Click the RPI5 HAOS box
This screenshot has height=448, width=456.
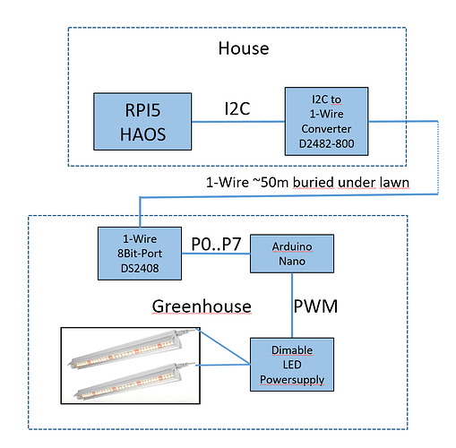142,121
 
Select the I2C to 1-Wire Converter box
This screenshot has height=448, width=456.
326,121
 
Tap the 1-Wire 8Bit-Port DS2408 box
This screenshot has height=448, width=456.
140,254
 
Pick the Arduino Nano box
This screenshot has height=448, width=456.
292,254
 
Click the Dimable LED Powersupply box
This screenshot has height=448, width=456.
292,365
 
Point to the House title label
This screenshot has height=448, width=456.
244,48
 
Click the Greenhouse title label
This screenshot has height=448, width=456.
202,306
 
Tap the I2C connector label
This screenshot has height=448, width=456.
237,108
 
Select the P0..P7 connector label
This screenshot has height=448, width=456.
216,244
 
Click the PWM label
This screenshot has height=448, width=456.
315,306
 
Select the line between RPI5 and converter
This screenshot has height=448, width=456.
238,122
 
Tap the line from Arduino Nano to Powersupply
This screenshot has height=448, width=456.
292,306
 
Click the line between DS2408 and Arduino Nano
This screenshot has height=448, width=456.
216,254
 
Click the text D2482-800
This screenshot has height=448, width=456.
326,144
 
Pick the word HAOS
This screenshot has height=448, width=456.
142,134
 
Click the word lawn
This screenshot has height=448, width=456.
394,183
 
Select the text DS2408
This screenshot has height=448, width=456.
140,268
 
